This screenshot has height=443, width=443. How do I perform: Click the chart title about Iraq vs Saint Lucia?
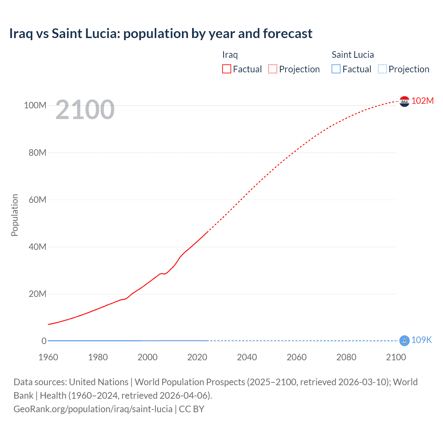pos(161,34)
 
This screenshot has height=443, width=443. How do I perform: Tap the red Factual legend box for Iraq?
pos(226,69)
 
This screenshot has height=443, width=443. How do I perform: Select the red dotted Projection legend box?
pos(273,69)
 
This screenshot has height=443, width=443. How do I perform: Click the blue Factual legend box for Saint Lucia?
pos(336,69)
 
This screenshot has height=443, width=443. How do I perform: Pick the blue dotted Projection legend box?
pos(382,69)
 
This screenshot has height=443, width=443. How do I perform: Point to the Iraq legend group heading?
pos(230,55)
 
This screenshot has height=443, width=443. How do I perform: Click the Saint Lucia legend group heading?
pos(352,55)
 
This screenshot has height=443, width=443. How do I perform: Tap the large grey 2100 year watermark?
pos(85,110)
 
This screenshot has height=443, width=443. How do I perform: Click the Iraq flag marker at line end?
pos(404,101)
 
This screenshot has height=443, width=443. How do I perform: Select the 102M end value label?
pos(422,101)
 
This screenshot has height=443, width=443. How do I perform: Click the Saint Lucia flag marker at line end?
pos(404,341)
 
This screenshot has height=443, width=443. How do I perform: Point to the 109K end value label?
pos(421,340)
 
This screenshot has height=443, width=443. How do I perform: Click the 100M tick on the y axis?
pos(35,105)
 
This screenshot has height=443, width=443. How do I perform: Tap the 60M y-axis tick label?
pos(37,200)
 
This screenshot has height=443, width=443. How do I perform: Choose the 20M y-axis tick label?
pos(37,294)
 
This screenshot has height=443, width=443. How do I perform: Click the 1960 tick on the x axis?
pos(48,357)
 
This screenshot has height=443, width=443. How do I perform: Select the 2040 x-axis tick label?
pos(247,357)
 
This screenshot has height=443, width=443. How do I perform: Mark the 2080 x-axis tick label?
pos(346,357)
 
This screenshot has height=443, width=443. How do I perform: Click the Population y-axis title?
pos(15,215)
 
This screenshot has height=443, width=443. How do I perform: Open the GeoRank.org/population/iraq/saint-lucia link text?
pos(93,409)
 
